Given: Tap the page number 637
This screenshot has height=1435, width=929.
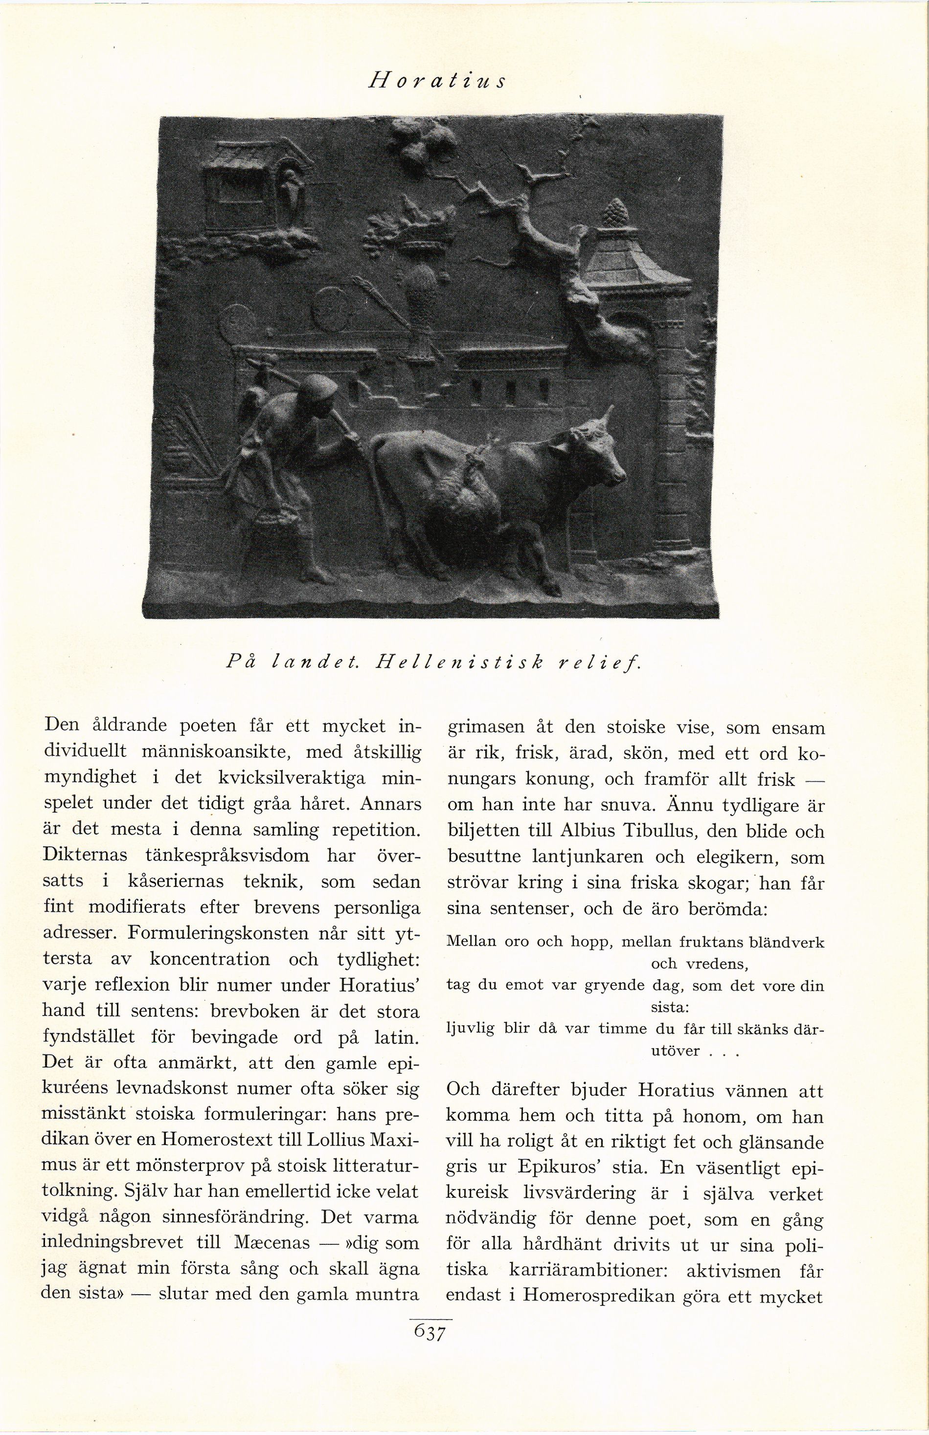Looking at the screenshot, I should (430, 1332).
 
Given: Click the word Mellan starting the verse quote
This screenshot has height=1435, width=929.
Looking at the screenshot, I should (471, 941).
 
